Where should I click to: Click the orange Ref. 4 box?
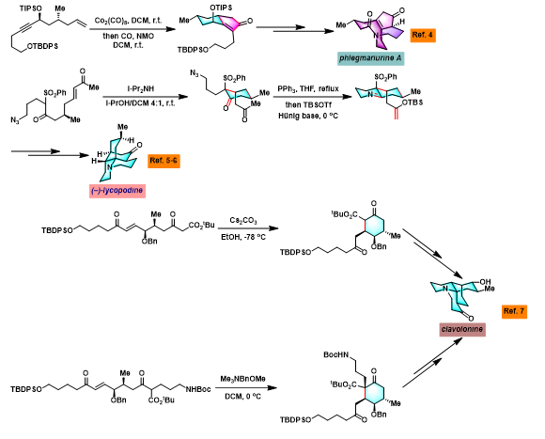(x=423, y=35)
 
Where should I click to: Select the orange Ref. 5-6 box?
(x=163, y=161)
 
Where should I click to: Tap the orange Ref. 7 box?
(x=514, y=311)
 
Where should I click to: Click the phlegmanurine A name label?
(x=370, y=58)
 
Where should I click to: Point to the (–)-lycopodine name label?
(x=117, y=191)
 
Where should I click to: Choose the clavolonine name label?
(x=462, y=329)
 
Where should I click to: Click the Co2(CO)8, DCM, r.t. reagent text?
(x=128, y=21)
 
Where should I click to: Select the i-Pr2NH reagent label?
(x=140, y=89)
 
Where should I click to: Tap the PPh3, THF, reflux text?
(x=308, y=89)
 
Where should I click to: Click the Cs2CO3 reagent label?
(x=243, y=220)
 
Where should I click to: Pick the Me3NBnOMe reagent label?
(x=242, y=379)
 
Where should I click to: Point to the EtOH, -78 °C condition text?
(x=243, y=238)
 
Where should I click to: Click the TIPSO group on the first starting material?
(x=31, y=8)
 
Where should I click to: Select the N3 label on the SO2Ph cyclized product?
(x=195, y=73)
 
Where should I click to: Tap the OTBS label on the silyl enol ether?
(x=413, y=102)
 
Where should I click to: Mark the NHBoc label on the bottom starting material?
(x=198, y=389)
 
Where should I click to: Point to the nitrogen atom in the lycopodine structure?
(x=109, y=167)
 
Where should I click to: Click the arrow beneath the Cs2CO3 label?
(x=248, y=228)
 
